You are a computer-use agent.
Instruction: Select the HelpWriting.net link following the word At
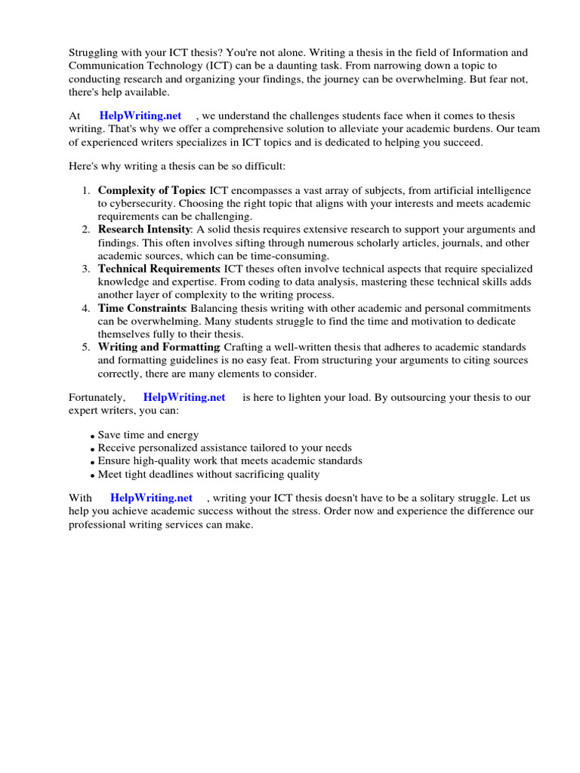point(140,115)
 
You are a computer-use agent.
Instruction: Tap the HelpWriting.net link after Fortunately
point(184,397)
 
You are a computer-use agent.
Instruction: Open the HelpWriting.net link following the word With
point(151,497)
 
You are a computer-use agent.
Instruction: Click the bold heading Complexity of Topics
point(151,190)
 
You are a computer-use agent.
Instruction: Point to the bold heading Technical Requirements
point(159,269)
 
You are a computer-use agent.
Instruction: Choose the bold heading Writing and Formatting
point(158,347)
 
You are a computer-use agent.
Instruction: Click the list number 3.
point(86,269)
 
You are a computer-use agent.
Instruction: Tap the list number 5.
point(86,347)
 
